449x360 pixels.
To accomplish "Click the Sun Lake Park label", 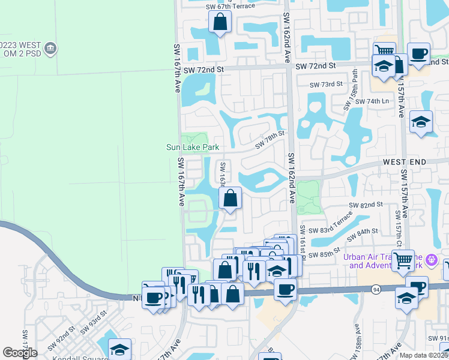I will pyautogui.click(x=193, y=147).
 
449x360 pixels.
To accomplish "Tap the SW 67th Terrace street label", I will pyautogui.click(x=230, y=7).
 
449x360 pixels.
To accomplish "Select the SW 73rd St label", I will pyautogui.click(x=327, y=85).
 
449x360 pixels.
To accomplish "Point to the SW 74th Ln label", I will pyautogui.click(x=372, y=101).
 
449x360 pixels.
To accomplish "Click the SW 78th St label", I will pyautogui.click(x=269, y=142).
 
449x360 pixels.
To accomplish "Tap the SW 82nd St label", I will pyautogui.click(x=366, y=205).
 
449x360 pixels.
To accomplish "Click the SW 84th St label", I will pyautogui.click(x=367, y=231).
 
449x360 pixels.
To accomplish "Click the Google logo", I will pyautogui.click(x=20, y=353).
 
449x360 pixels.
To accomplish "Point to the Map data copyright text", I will pyautogui.click(x=424, y=355).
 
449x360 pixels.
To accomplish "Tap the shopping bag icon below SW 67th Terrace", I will pyautogui.click(x=220, y=23).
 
